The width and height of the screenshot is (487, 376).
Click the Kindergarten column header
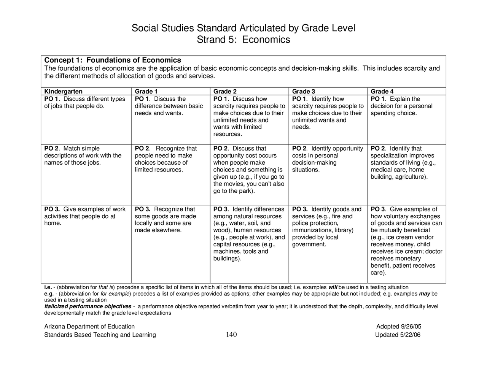(x=63, y=91)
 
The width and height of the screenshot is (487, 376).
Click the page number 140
(x=231, y=335)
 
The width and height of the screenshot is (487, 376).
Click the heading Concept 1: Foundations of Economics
(x=113, y=60)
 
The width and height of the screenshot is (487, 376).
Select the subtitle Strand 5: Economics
(x=243, y=40)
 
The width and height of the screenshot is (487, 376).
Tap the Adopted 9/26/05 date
(x=398, y=327)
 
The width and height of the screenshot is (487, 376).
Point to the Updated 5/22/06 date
(x=398, y=335)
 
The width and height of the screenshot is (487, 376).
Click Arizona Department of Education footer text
(x=89, y=327)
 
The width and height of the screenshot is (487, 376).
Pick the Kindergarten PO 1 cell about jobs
(x=84, y=103)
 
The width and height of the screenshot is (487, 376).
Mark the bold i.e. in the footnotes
(x=48, y=287)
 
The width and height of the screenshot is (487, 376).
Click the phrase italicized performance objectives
(x=88, y=306)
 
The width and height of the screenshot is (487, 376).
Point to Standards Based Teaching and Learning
(x=100, y=335)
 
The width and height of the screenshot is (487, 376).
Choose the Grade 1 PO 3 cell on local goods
(x=165, y=220)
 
